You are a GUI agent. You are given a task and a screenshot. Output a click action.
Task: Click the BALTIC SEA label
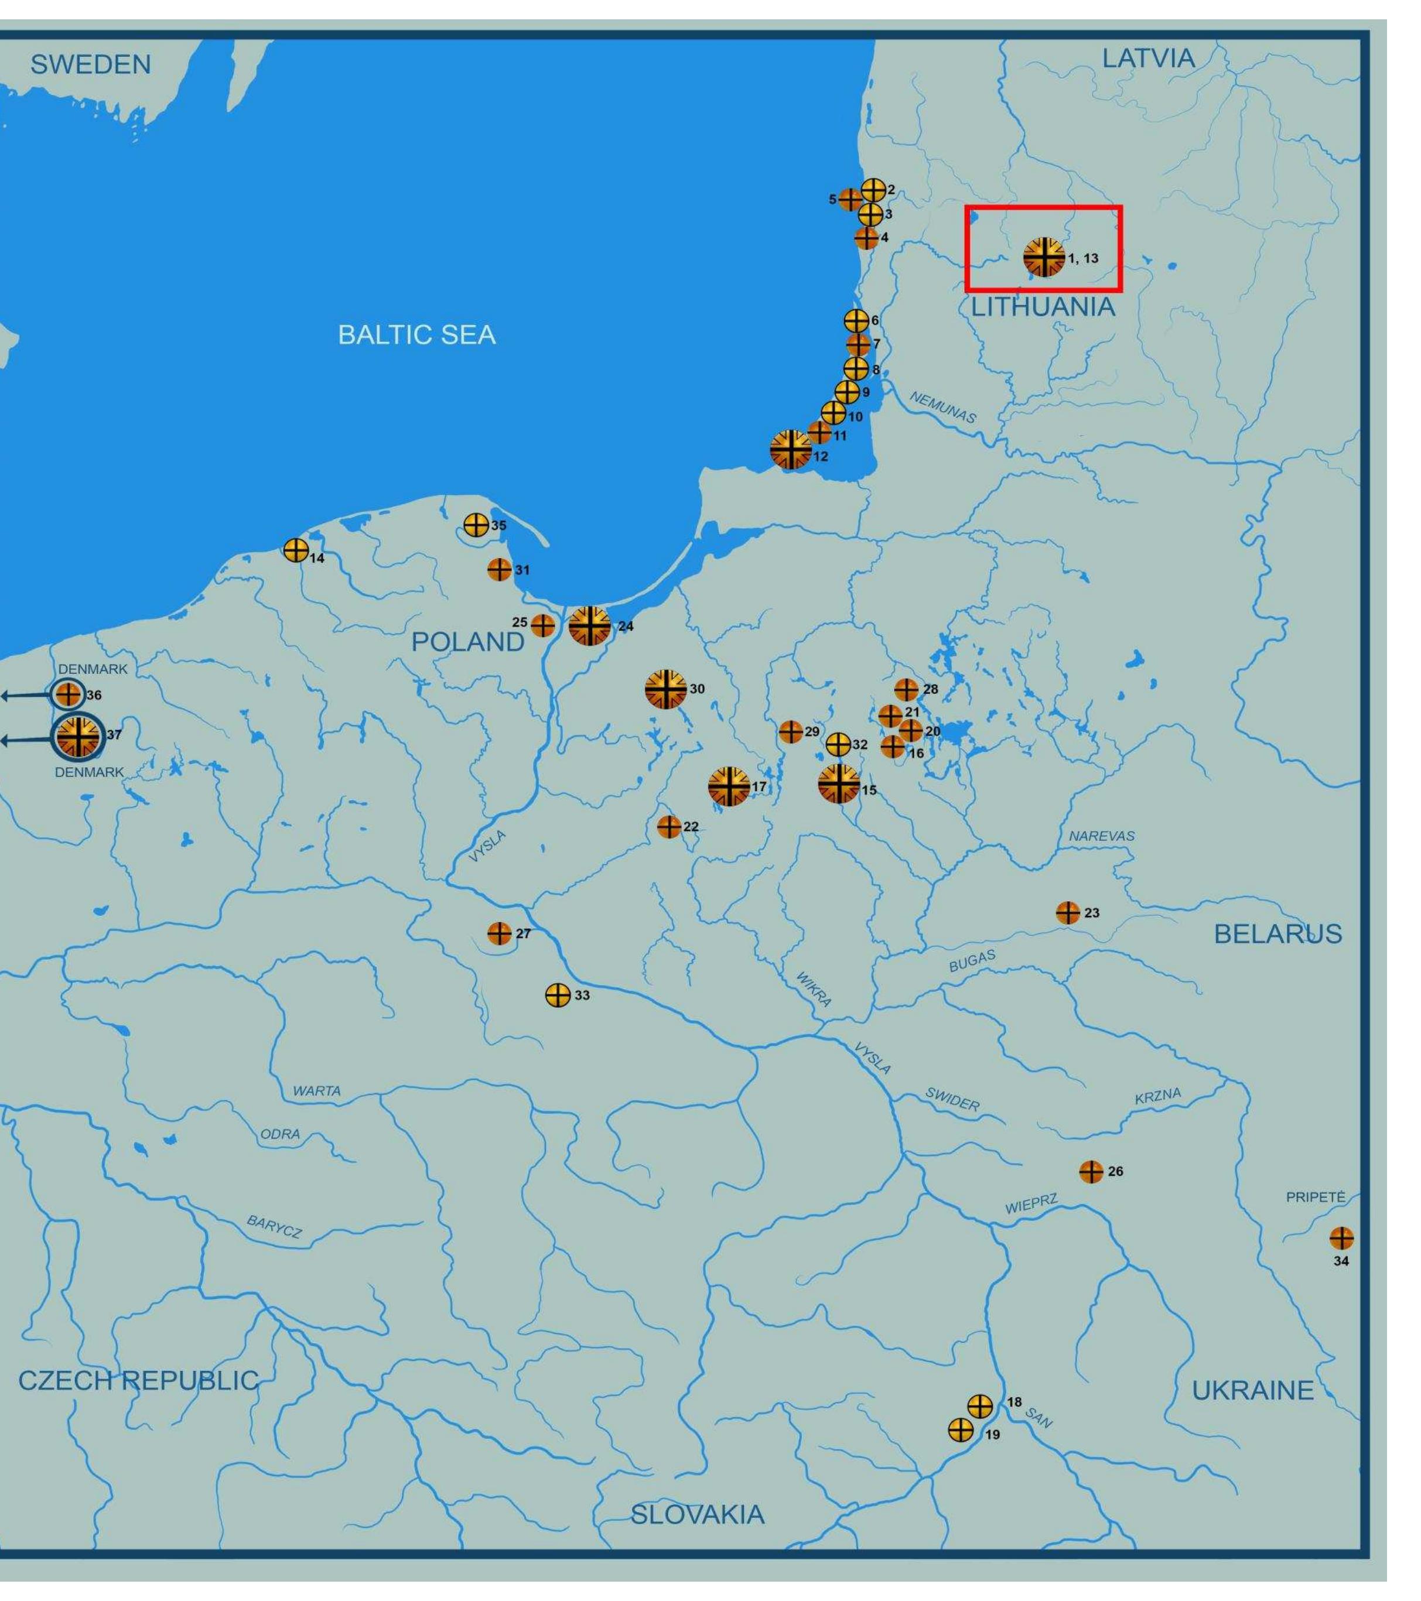tap(416, 335)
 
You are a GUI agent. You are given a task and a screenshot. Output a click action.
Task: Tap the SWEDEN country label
tap(90, 64)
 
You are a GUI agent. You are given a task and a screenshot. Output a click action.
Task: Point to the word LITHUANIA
tap(1043, 307)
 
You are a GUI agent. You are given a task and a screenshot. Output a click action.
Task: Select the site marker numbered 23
tap(1067, 912)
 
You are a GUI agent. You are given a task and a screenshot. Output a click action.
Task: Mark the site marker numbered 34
tap(1341, 1239)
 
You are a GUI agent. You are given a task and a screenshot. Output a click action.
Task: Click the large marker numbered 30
tap(665, 689)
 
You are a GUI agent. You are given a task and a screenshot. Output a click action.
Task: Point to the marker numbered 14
tap(295, 550)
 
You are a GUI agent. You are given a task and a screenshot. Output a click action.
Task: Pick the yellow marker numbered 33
tap(557, 995)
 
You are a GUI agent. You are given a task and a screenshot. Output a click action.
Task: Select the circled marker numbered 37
tap(77, 736)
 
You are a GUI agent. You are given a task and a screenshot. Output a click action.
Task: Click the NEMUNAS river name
tap(942, 408)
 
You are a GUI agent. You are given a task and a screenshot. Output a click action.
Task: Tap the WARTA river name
tap(316, 1090)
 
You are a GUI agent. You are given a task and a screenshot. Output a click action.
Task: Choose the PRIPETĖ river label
tap(1315, 1198)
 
